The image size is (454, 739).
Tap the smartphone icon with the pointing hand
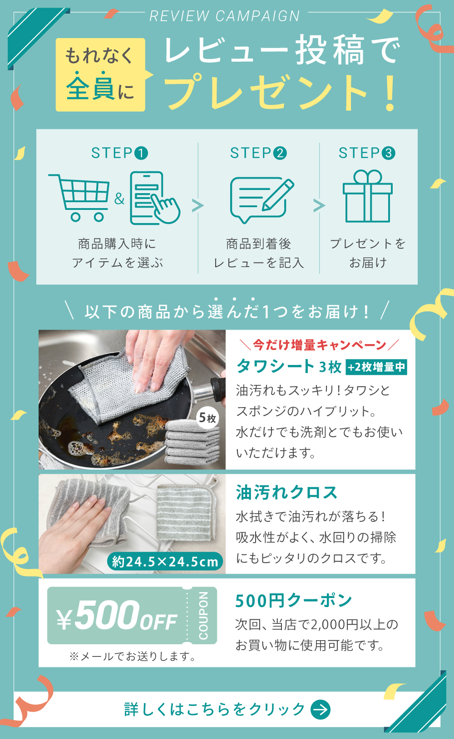pos(155,198)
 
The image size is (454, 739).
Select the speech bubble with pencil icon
pos(262,200)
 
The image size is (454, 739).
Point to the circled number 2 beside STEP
pos(280,153)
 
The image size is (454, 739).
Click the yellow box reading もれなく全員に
pos(100,75)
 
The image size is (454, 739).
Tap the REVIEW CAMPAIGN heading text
pos(225,16)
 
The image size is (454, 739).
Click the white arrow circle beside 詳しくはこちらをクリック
pos(321,710)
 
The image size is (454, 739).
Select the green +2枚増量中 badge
pos(376,367)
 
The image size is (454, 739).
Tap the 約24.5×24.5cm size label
pos(165,561)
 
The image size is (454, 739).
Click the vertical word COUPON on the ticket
pos(203,616)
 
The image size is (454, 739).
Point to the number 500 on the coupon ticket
pos(107,614)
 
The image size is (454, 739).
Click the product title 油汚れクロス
pos(286,492)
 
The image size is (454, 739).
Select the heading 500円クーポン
pos(293,600)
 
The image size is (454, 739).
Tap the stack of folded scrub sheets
pos(192,442)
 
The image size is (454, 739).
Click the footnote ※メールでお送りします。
pos(133,656)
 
